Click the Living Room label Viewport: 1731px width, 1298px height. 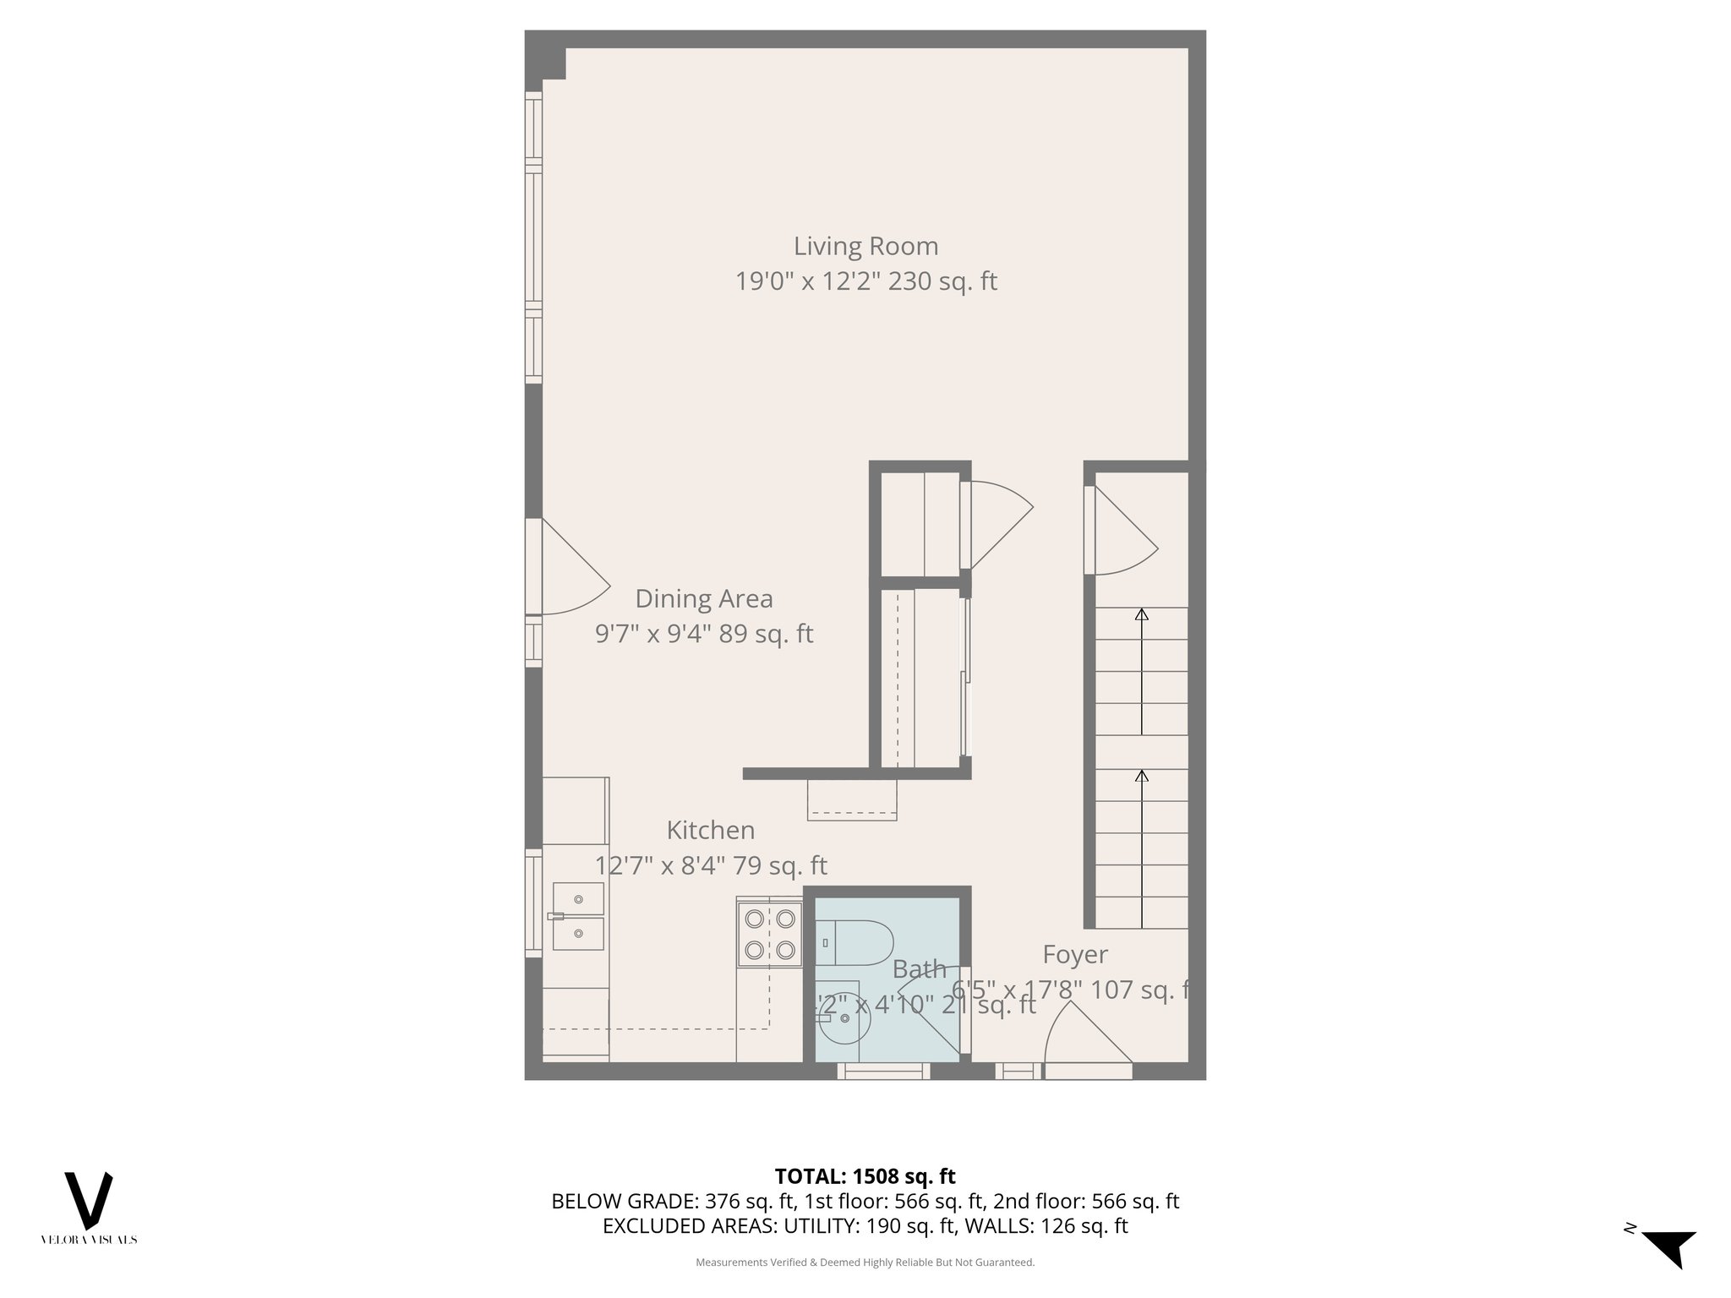[865, 246]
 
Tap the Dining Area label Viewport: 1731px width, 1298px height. [703, 598]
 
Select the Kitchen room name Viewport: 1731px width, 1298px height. [710, 830]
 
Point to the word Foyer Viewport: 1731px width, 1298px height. [1074, 954]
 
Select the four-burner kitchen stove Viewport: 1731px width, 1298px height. [769, 935]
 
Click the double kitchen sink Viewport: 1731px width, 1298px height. [578, 916]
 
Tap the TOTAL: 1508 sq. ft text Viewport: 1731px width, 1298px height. [865, 1176]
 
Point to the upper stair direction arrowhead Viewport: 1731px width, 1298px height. [1142, 615]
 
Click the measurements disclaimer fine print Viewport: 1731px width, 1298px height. [865, 1263]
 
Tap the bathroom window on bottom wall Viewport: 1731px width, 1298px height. [883, 1072]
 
